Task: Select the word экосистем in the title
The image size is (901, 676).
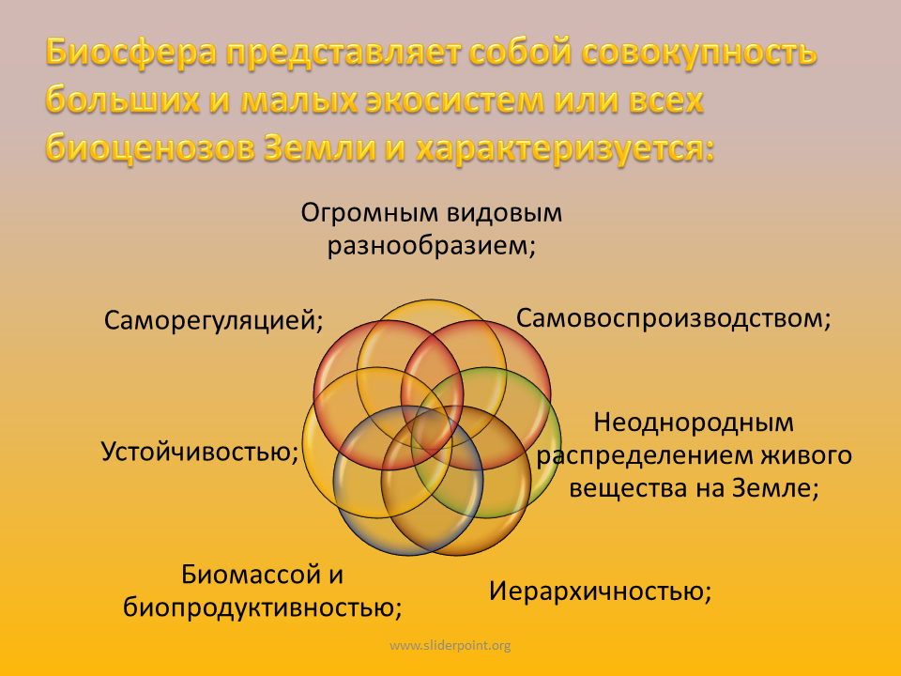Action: point(455,100)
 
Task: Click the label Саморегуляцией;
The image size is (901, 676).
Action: point(214,320)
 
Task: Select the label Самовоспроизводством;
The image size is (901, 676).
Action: point(674,318)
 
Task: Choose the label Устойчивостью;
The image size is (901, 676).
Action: point(200,452)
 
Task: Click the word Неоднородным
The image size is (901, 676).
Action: point(694,422)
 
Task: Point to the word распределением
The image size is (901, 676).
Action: point(645,456)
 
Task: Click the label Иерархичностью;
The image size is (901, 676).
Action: point(601,591)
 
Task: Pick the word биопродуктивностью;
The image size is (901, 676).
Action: point(263,607)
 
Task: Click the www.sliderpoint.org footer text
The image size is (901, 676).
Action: point(450,646)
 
